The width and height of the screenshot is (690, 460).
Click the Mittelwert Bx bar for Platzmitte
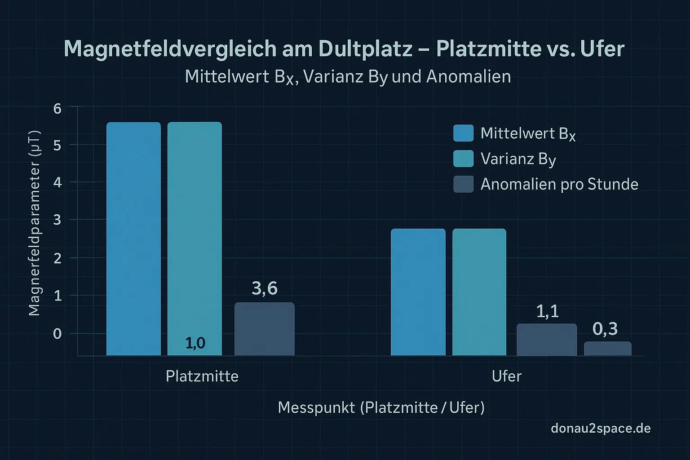(133, 238)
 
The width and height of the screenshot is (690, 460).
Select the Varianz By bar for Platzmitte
(195, 234)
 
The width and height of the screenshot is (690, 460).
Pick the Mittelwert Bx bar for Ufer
(418, 292)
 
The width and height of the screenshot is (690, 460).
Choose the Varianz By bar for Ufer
(479, 292)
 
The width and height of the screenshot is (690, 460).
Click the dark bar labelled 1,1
(546, 340)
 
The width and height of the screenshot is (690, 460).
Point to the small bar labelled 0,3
(607, 349)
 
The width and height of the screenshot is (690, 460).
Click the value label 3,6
(265, 288)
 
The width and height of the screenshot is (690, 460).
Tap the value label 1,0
(195, 343)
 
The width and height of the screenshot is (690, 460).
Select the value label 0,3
(605, 329)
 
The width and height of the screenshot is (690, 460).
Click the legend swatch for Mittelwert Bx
(463, 133)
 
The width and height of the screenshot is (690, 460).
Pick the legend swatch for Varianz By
(463, 159)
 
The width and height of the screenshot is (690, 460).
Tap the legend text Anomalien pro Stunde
(559, 184)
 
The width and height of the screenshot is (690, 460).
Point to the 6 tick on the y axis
(57, 108)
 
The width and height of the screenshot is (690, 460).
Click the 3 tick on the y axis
(57, 220)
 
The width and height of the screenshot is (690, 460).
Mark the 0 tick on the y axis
(57, 334)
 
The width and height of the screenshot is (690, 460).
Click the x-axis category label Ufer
(506, 376)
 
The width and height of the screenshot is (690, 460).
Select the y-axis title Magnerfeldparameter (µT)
(34, 223)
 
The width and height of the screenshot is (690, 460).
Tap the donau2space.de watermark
(601, 428)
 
